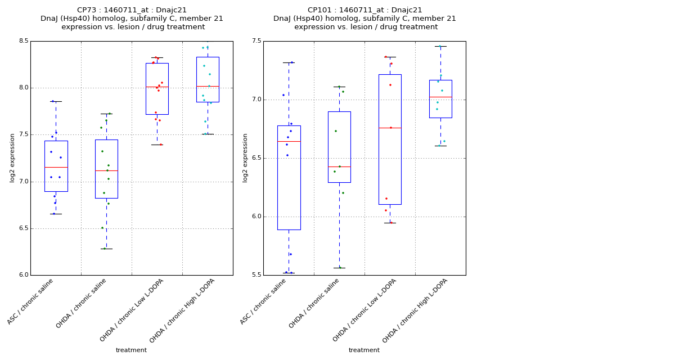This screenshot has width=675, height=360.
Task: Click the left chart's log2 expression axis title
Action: click(12, 158)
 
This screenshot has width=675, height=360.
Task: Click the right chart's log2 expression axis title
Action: click(245, 158)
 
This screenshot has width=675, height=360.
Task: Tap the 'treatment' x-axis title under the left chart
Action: click(131, 350)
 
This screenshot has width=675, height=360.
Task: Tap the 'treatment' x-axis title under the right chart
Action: click(364, 350)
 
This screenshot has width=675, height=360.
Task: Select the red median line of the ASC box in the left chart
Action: click(56, 167)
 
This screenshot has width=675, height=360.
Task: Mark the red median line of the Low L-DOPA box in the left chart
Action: click(157, 87)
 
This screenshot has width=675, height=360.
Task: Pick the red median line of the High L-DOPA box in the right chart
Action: click(440, 97)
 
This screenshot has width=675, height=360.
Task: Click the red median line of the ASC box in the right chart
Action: click(289, 141)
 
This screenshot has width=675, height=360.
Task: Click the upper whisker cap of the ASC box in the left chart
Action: click(56, 101)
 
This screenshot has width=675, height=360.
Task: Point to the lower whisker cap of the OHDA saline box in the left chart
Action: click(106, 249)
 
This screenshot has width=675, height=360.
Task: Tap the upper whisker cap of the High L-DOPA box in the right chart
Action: click(440, 46)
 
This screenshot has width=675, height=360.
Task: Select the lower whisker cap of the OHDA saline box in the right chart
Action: click(339, 268)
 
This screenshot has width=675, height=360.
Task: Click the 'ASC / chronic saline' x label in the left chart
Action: click(31, 301)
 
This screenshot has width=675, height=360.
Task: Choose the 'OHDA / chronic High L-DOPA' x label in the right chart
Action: click(409, 310)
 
